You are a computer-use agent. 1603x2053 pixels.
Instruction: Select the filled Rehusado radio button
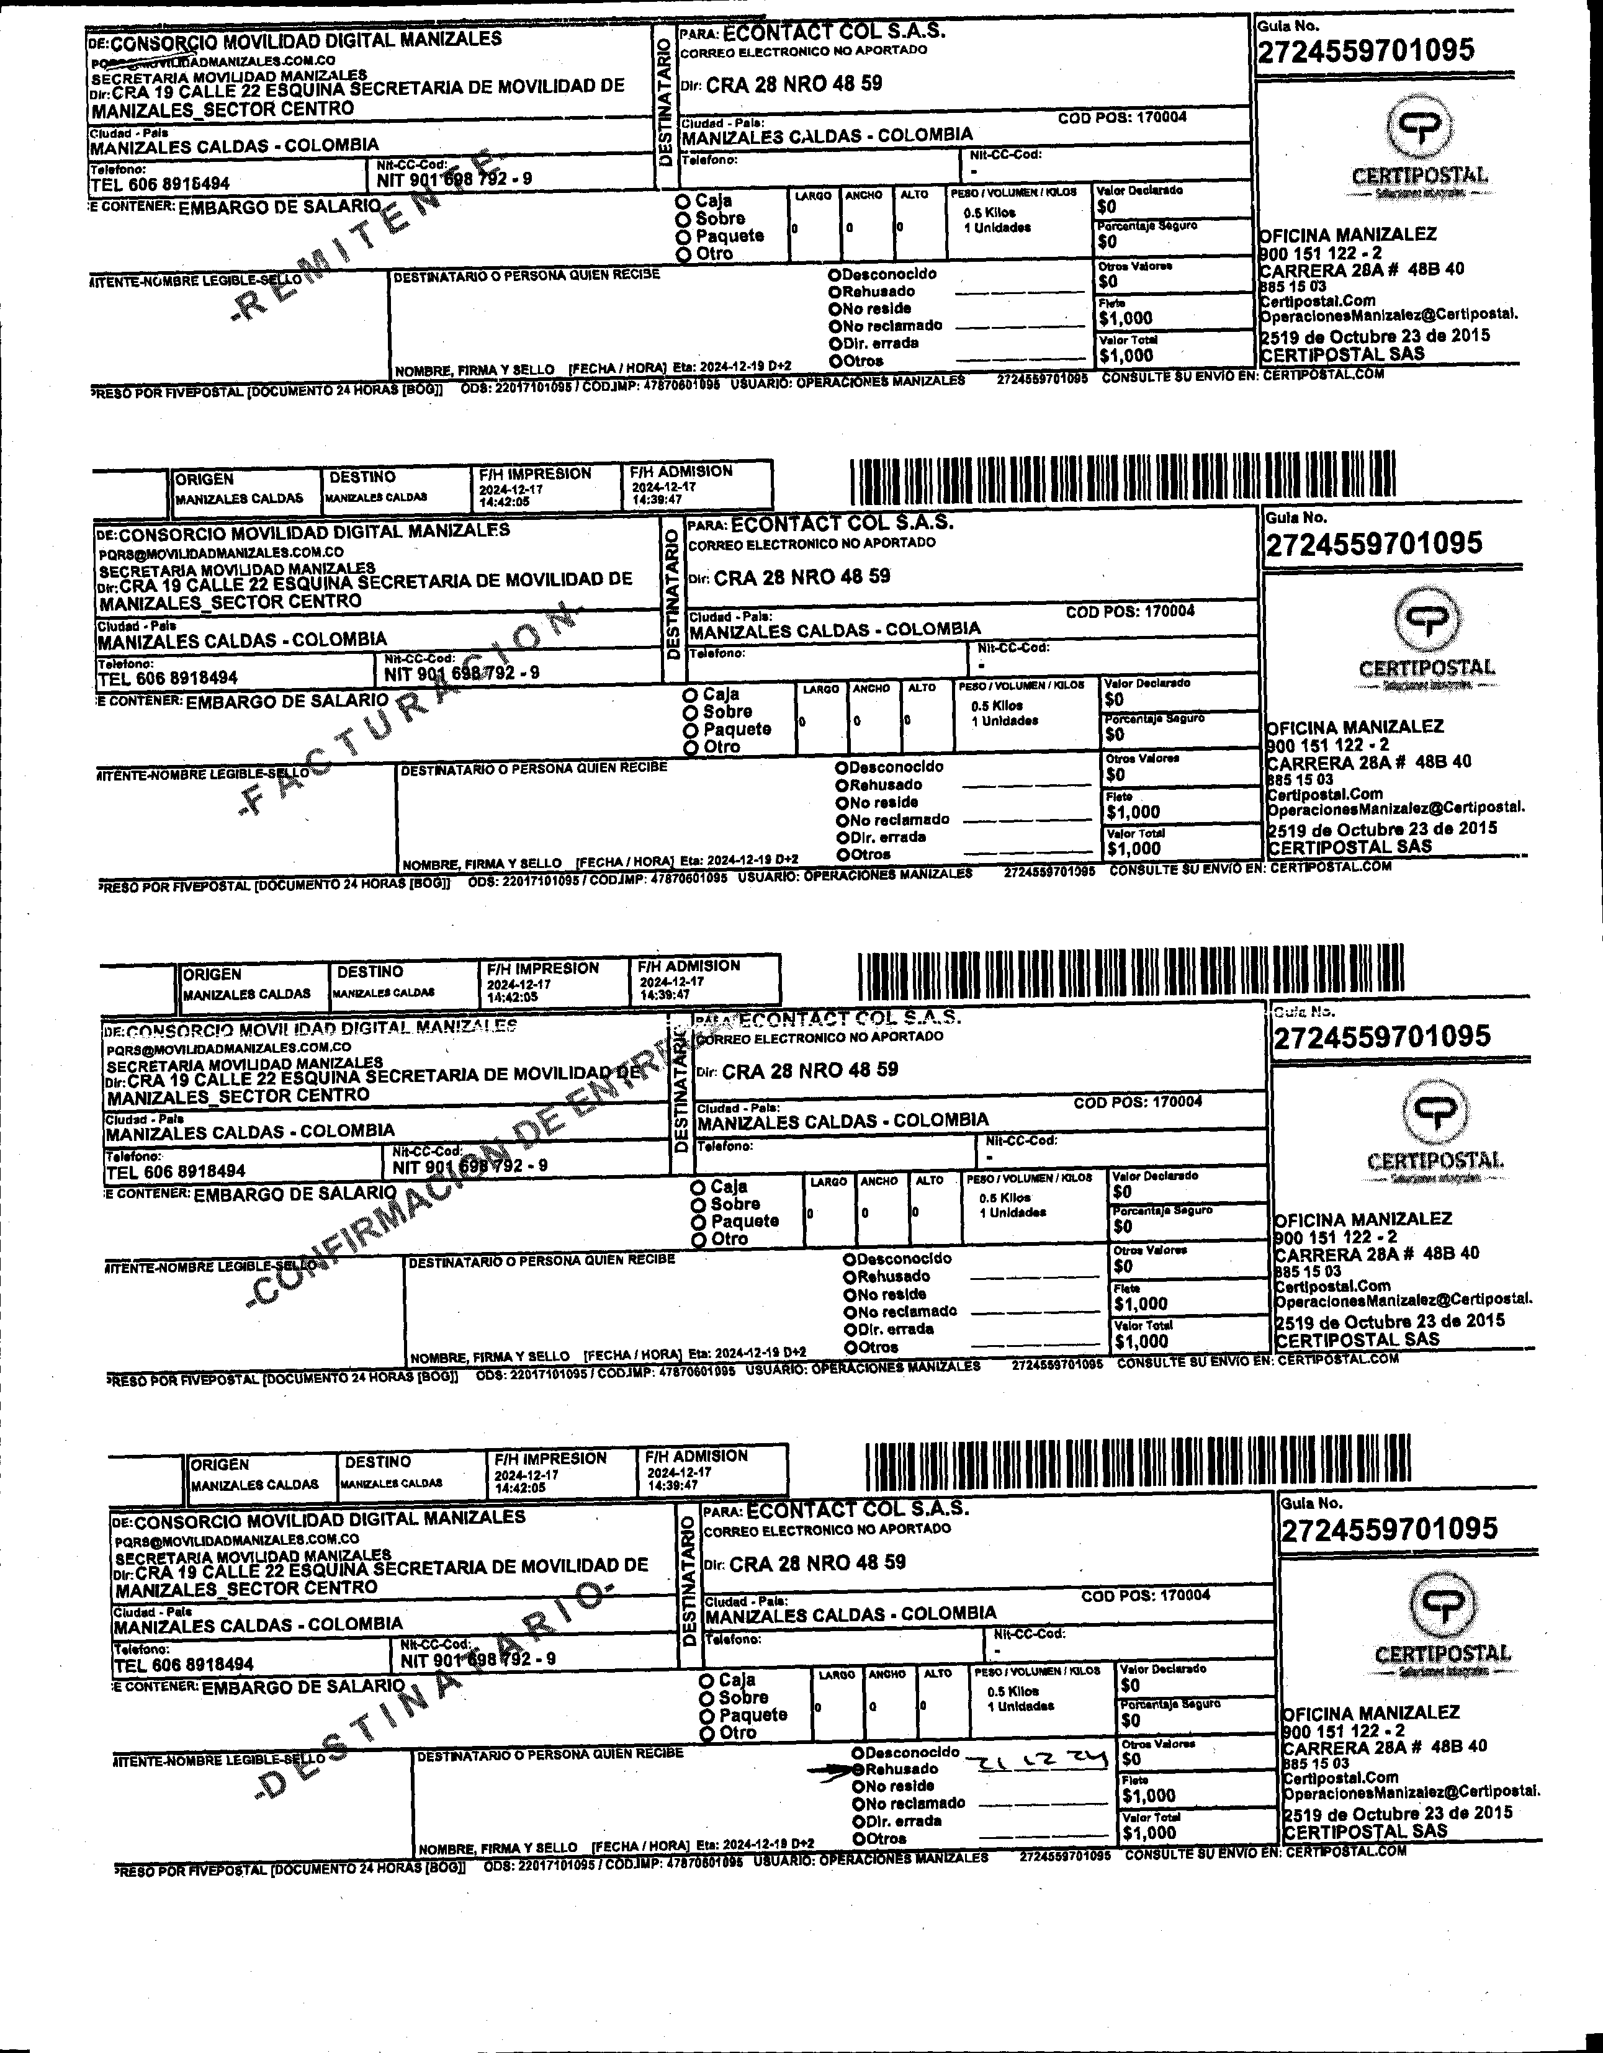point(858,1769)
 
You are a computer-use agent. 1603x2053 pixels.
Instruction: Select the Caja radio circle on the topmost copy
point(683,201)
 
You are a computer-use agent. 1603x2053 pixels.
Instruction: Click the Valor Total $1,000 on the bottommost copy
point(1149,1832)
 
